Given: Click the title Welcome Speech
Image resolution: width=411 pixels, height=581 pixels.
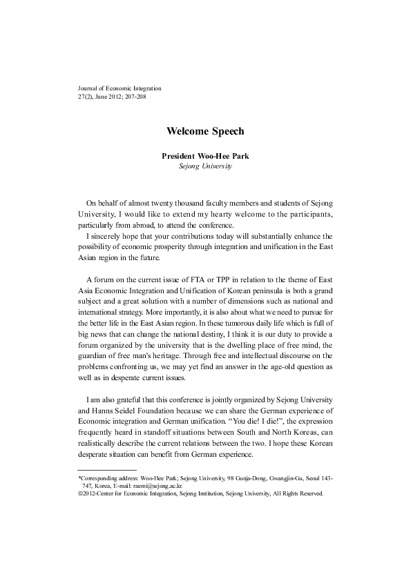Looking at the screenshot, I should point(205,130).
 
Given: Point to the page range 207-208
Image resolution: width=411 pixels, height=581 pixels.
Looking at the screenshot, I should point(133,97).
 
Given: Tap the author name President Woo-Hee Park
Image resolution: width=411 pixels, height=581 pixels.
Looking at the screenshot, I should point(205,156).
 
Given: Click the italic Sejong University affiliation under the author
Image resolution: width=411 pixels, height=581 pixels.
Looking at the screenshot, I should point(205,166).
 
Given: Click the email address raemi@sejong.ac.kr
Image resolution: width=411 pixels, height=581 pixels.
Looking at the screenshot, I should point(178,486).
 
